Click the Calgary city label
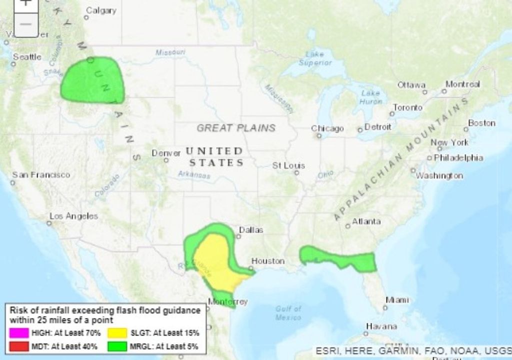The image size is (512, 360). tap(101, 10)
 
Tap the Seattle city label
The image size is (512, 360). tap(27, 57)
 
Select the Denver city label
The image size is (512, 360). tap(165, 153)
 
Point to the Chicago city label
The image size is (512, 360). tap(327, 128)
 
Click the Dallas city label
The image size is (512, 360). tap(251, 230)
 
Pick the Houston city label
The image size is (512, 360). tap(267, 261)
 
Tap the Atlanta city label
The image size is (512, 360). tap(366, 221)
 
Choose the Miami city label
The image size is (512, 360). tap(397, 300)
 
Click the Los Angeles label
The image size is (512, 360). tap(73, 216)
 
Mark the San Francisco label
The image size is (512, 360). tap(41, 175)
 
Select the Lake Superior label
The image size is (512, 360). tap(315, 58)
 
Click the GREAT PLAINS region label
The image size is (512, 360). tap(236, 128)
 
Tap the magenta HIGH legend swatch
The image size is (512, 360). tap(19, 332)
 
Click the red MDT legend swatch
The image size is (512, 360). tap(19, 345)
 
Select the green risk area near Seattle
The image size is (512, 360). tap(93, 80)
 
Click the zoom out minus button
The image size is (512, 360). tap(26, 24)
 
